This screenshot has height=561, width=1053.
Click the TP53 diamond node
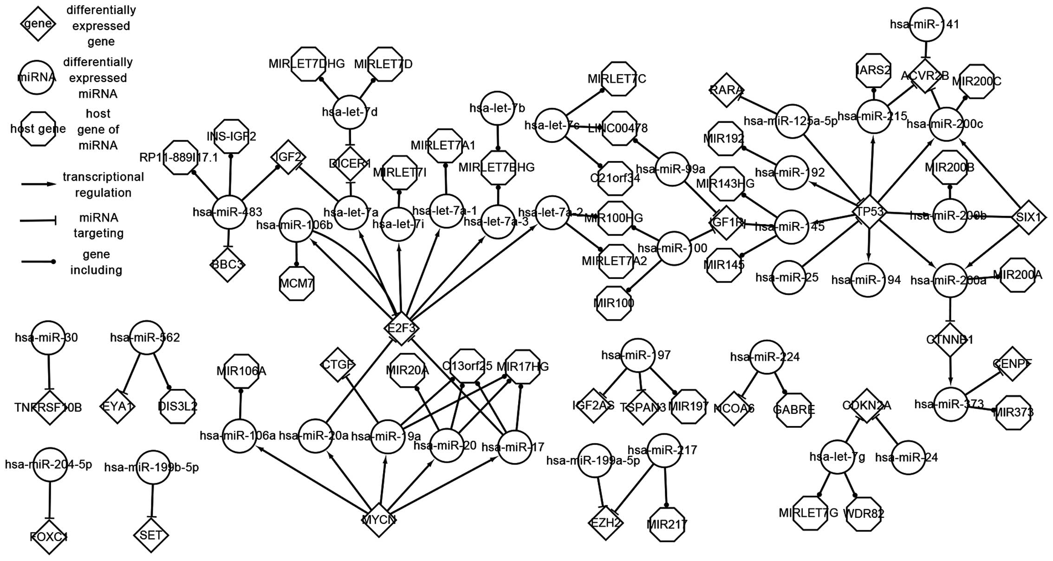click(870, 212)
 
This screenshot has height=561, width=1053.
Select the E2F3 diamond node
click(402, 328)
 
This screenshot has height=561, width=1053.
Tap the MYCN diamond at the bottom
click(379, 519)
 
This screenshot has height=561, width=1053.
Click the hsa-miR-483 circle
click(228, 212)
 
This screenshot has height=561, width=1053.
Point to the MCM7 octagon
click(297, 283)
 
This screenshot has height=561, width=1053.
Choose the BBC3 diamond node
click(227, 264)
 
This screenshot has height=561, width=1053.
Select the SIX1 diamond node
click(1029, 217)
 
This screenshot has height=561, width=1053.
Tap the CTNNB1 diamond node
click(950, 340)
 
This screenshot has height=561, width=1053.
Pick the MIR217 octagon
click(667, 524)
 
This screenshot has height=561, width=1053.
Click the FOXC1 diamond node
click(49, 537)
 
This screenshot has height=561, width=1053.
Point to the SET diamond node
click(151, 535)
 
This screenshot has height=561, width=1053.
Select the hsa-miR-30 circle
click(48, 337)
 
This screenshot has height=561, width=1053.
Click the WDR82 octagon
click(863, 514)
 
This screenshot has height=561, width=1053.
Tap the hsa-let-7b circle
click(497, 108)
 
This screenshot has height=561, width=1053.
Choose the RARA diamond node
click(727, 90)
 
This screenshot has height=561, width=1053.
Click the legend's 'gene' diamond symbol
click(38, 24)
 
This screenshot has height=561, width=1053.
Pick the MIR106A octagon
click(241, 371)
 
